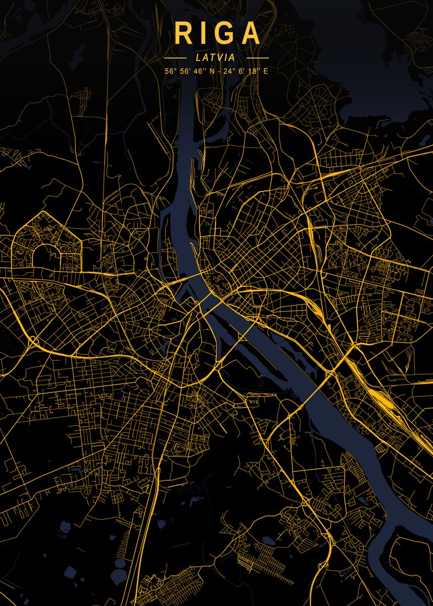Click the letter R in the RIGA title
pyautogui.click(x=182, y=34)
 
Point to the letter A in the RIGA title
pyautogui.click(x=251, y=34)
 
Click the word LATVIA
pyautogui.click(x=216, y=58)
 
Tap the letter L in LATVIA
pyautogui.click(x=198, y=58)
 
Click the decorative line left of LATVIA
pyautogui.click(x=175, y=58)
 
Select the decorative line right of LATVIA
pyautogui.click(x=257, y=58)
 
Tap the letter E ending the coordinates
pyautogui.click(x=266, y=71)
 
